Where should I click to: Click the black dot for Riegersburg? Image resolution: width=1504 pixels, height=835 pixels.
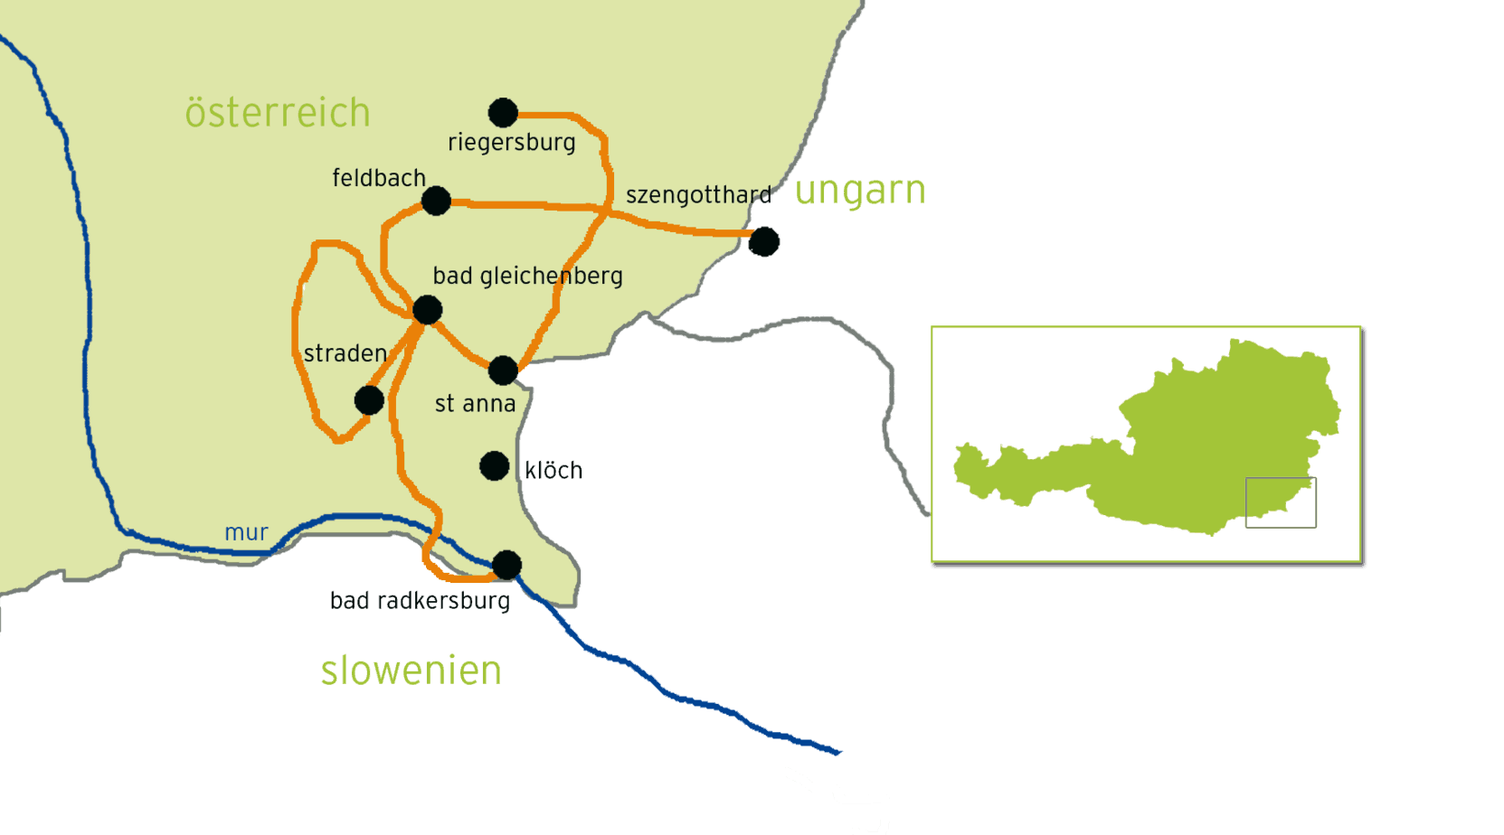pyautogui.click(x=503, y=113)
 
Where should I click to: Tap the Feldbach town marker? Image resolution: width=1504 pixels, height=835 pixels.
pyautogui.click(x=436, y=201)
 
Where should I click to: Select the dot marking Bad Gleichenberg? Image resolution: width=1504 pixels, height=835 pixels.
pyautogui.click(x=427, y=310)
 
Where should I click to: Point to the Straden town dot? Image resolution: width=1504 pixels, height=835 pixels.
pyautogui.click(x=369, y=400)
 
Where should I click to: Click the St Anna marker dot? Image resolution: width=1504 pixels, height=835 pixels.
pyautogui.click(x=503, y=370)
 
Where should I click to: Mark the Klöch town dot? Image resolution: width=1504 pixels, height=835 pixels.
pyautogui.click(x=494, y=466)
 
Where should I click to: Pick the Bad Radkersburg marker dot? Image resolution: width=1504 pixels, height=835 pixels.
pyautogui.click(x=506, y=565)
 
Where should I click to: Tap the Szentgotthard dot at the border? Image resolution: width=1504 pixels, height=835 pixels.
pyautogui.click(x=763, y=241)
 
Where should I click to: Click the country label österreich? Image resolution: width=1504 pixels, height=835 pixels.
pyautogui.click(x=278, y=113)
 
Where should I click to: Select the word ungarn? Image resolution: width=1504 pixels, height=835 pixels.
pyautogui.click(x=860, y=191)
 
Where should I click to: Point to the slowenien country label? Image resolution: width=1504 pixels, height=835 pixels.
pyautogui.click(x=411, y=671)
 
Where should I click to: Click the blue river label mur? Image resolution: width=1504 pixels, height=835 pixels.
pyautogui.click(x=246, y=532)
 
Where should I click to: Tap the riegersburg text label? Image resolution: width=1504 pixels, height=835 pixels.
pyautogui.click(x=511, y=143)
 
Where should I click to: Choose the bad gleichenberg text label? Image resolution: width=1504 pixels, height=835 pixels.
pyautogui.click(x=527, y=276)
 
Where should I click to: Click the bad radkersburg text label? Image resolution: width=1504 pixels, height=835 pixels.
pyautogui.click(x=420, y=601)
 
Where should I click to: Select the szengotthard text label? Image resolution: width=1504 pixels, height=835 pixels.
pyautogui.click(x=698, y=195)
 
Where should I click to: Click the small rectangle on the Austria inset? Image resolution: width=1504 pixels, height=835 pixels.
pyautogui.click(x=1281, y=502)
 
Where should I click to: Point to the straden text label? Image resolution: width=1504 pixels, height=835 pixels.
pyautogui.click(x=345, y=353)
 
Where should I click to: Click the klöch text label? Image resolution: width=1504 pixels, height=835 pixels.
pyautogui.click(x=553, y=471)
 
